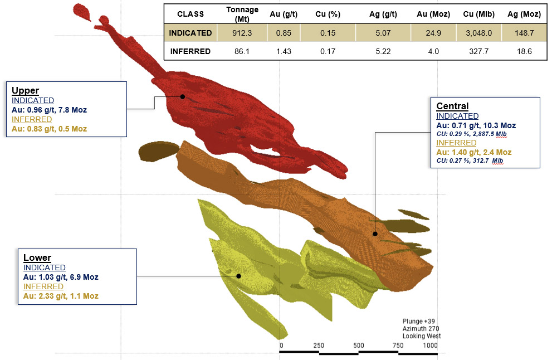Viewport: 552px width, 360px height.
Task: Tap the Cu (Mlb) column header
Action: point(472,13)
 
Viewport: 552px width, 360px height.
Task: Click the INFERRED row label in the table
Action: point(190,51)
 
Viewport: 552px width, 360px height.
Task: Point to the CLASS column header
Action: point(190,13)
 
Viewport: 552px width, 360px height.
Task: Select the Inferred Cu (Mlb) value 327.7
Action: point(472,51)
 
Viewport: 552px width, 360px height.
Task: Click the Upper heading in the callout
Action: point(25,90)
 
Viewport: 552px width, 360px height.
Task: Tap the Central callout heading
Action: point(452,106)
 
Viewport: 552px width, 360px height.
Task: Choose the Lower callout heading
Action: point(37,257)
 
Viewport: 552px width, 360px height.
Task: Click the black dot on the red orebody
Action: point(182,96)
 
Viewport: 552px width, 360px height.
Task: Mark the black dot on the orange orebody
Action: point(375,234)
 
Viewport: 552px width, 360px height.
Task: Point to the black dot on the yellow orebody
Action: point(238,276)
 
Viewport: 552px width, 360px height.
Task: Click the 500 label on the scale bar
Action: point(358,346)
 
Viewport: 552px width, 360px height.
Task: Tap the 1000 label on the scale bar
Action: point(430,346)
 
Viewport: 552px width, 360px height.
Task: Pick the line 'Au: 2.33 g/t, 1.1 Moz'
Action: point(61,296)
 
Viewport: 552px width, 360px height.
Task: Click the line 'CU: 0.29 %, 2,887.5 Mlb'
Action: point(471,134)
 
